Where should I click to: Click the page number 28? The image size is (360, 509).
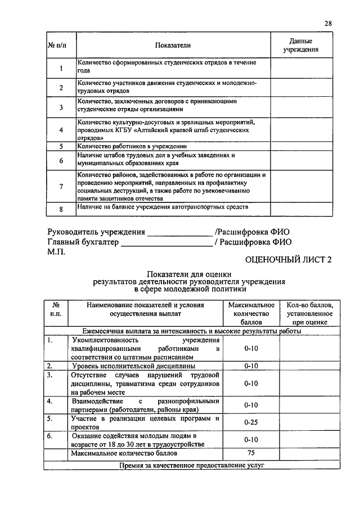click(x=328, y=23)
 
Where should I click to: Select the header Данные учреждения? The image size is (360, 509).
click(x=301, y=46)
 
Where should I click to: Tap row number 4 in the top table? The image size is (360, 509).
click(x=60, y=129)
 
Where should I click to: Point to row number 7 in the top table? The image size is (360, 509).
click(x=60, y=186)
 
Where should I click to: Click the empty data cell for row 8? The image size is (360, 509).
click(x=301, y=209)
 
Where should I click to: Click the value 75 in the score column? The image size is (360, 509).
click(x=251, y=453)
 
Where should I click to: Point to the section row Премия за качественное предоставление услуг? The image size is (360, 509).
click(x=191, y=465)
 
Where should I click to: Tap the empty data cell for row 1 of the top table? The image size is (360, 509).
click(x=301, y=67)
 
